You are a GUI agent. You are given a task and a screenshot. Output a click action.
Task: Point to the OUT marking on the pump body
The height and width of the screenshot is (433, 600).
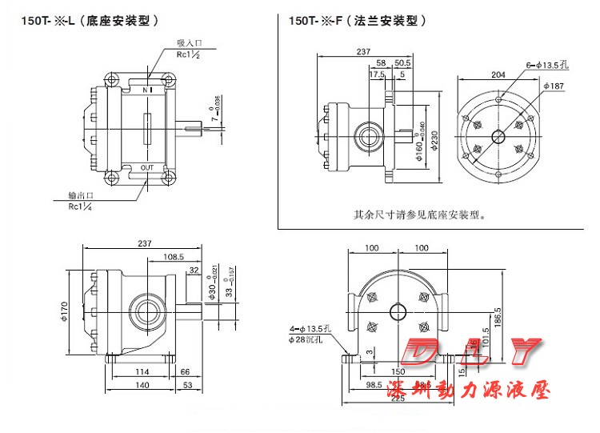[147, 167]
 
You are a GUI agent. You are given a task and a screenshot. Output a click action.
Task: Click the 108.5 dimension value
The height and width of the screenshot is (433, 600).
[174, 257]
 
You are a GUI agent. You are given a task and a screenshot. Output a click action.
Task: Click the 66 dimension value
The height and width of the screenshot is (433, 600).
[185, 372]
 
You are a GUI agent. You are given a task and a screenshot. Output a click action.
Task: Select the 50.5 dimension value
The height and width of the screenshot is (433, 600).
[402, 62]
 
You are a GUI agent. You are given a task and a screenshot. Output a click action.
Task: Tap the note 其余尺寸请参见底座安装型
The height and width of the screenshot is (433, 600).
[420, 214]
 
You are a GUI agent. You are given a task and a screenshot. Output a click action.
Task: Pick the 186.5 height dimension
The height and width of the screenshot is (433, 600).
[498, 317]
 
